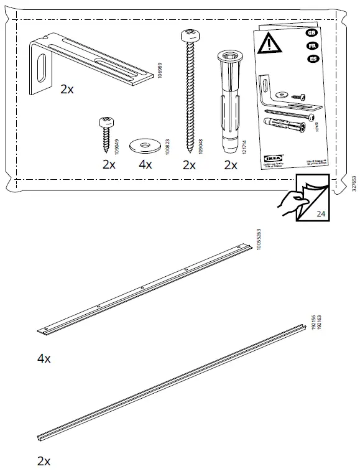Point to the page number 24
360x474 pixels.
point(321,213)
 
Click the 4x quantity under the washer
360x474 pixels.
point(145,165)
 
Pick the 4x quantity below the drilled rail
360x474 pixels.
point(44,360)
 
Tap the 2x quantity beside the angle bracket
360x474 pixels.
point(67,90)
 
